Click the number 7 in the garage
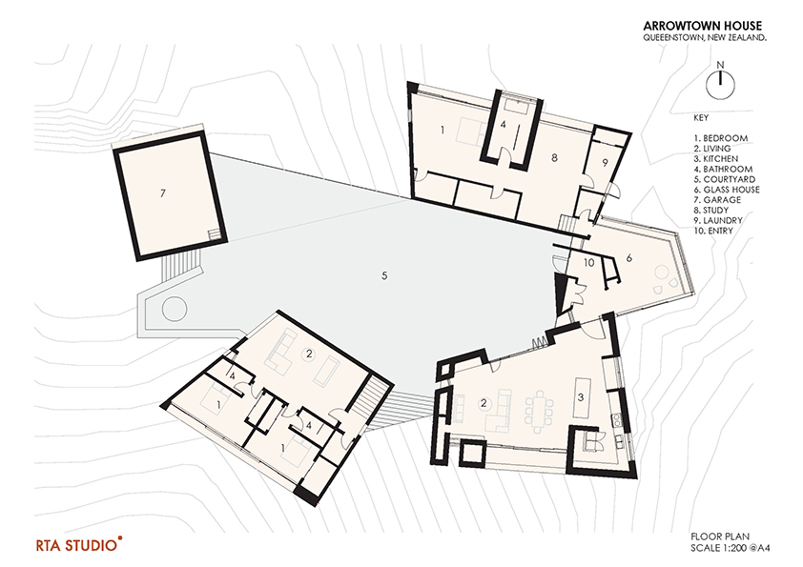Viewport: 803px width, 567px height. point(163,193)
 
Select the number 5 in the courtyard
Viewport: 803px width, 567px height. point(383,276)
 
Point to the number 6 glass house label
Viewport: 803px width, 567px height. point(629,258)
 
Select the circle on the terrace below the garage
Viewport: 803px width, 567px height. point(173,310)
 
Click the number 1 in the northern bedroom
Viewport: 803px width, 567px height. point(443,128)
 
